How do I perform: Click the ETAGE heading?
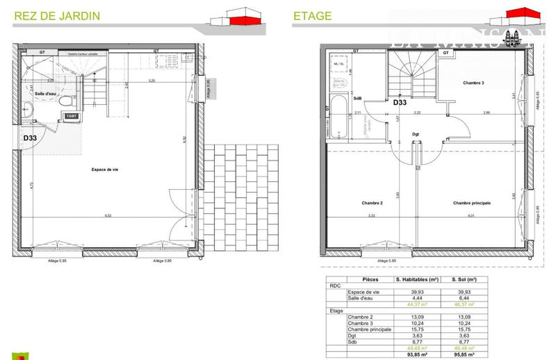[313, 15]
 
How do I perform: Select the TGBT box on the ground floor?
[72, 116]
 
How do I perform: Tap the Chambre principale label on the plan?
[472, 203]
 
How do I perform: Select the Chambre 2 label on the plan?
[373, 203]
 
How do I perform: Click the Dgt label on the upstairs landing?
[415, 134]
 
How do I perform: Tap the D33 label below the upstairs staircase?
[400, 102]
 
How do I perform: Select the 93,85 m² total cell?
[416, 354]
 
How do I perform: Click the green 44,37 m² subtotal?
[416, 304]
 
